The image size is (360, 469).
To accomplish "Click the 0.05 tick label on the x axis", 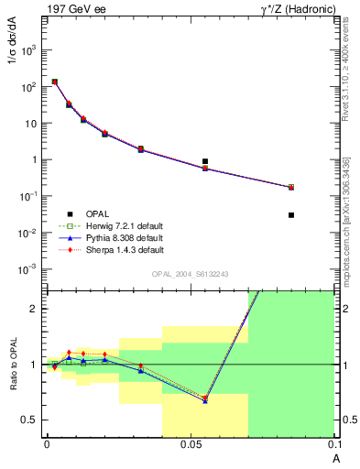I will point(191,444).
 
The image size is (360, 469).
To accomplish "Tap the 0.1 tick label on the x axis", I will point(333,444).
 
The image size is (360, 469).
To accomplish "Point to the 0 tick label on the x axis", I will point(47,444).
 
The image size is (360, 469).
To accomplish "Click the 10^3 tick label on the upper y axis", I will point(28,50).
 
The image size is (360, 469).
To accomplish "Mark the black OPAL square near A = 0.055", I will point(205,161).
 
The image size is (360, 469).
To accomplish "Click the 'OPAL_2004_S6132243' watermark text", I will point(190,274).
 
